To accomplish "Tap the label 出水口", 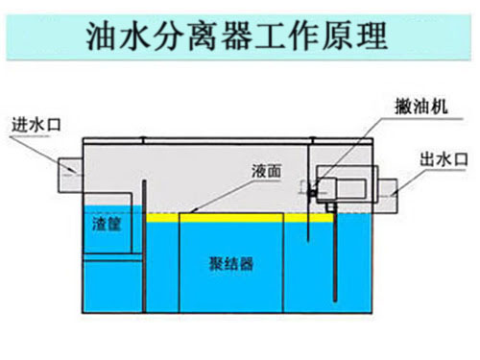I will pyautogui.click(x=444, y=158).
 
